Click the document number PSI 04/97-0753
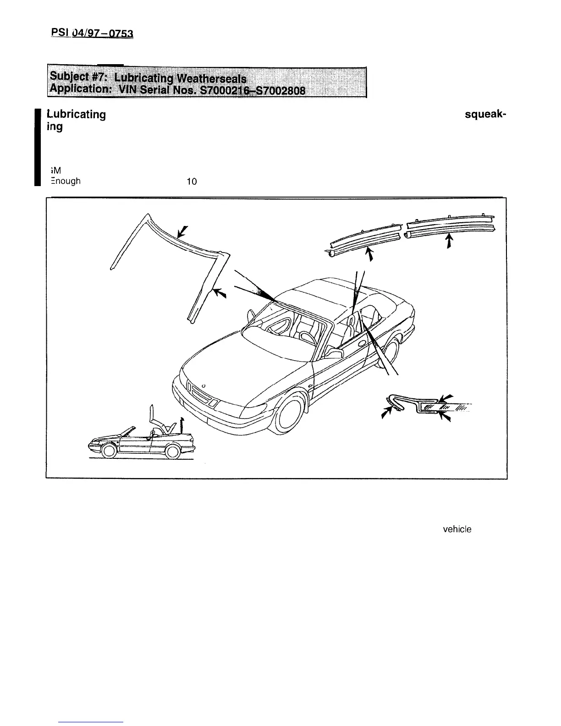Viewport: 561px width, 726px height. click(x=92, y=33)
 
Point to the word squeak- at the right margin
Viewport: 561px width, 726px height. click(x=485, y=115)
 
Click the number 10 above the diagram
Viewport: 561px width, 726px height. click(x=191, y=181)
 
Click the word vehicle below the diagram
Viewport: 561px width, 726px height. click(x=457, y=529)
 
